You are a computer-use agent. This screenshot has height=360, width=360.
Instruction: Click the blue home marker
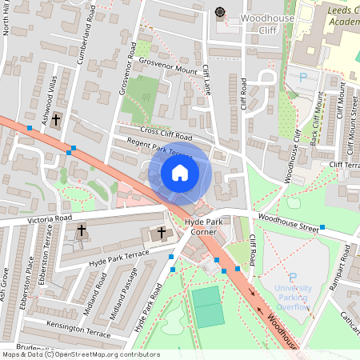[x=180, y=173]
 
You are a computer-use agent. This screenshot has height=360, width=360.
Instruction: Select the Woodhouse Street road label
[x=286, y=225]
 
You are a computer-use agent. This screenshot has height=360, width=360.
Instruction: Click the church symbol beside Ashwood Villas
[x=55, y=121]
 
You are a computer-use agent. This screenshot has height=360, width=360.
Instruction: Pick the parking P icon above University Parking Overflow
[x=293, y=275]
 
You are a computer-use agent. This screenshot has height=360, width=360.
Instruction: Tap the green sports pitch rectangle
[x=208, y=306]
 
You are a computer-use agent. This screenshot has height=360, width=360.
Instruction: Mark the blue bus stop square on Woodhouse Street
[x=322, y=227]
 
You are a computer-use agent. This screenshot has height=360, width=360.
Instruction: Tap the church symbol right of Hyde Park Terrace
[x=162, y=233]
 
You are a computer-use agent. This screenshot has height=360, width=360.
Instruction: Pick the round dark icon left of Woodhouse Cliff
[x=220, y=12]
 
